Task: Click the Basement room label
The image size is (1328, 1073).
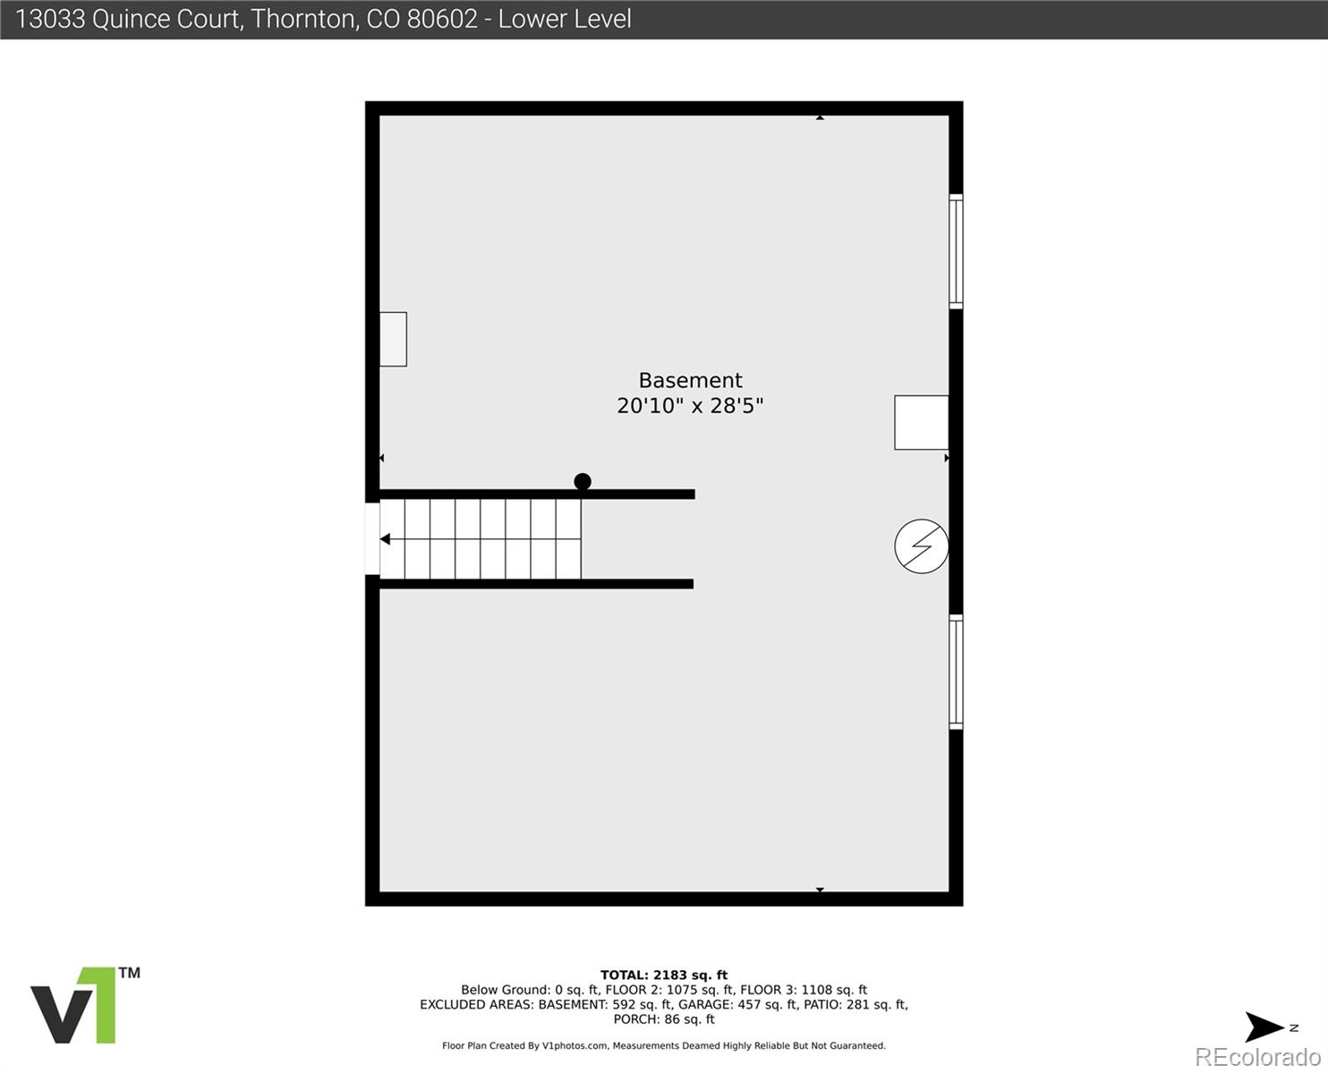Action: tap(690, 380)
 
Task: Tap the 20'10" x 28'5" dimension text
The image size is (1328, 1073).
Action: tap(690, 406)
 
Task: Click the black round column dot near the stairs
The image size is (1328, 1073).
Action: tap(583, 482)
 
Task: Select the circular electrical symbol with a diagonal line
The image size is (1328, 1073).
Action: tap(922, 545)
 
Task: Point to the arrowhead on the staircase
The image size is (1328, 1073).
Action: tap(386, 539)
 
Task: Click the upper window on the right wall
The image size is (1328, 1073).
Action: tap(956, 251)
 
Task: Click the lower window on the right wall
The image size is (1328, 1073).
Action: tap(956, 672)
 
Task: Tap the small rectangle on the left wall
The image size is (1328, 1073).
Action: tap(393, 339)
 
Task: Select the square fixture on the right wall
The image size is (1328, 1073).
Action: tap(921, 422)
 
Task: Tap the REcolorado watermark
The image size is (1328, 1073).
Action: tap(1257, 1057)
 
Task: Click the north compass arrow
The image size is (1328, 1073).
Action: tap(1266, 1027)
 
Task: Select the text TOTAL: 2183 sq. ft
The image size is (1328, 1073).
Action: tap(664, 976)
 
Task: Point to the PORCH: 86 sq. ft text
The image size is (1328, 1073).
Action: tap(664, 1019)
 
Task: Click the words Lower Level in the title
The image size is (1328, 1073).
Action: tap(565, 19)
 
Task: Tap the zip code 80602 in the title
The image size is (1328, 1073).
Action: tap(442, 19)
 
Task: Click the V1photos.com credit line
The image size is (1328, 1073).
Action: tap(664, 1046)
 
